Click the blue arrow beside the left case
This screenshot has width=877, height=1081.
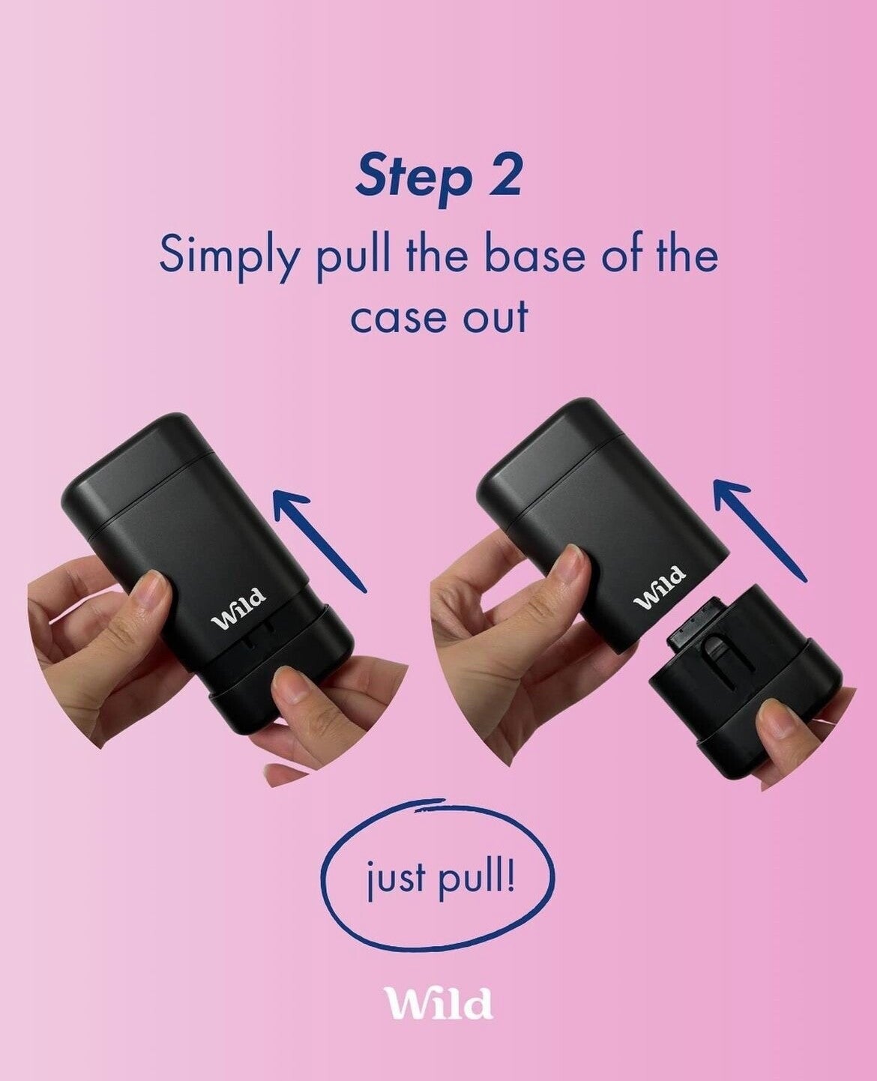pyautogui.click(x=319, y=540)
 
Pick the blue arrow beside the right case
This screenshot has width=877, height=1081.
pyautogui.click(x=759, y=529)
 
